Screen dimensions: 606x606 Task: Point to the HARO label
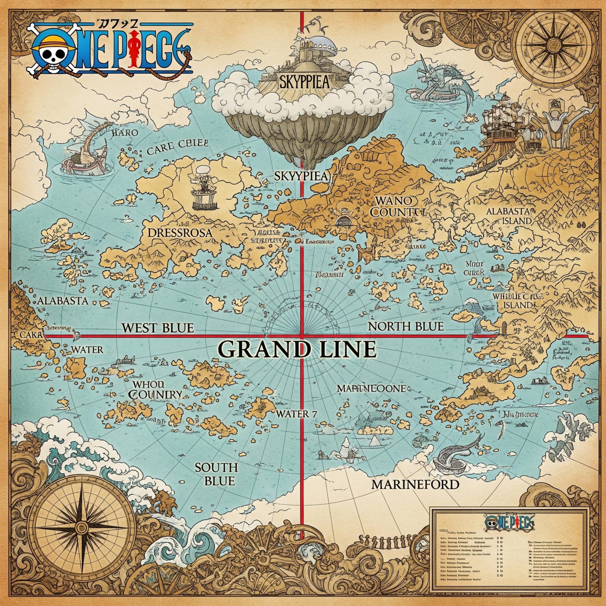coord(125,133)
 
